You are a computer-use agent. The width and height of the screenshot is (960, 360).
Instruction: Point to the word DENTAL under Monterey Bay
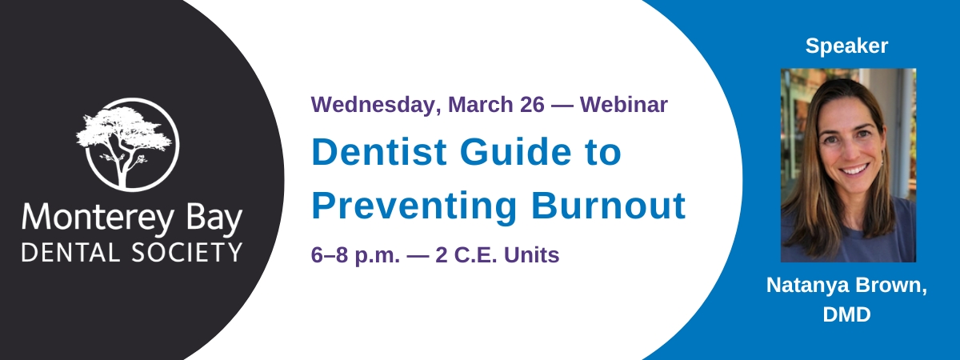(70, 253)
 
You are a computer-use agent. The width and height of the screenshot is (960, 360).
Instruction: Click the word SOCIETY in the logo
(187, 253)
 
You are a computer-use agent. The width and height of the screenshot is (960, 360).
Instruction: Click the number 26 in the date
(532, 105)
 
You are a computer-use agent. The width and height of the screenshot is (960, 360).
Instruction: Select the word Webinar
(623, 105)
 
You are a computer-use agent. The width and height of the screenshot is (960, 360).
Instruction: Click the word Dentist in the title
(379, 152)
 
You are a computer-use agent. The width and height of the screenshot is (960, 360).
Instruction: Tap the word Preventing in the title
(414, 206)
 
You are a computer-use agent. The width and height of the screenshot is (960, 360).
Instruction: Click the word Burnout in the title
(608, 206)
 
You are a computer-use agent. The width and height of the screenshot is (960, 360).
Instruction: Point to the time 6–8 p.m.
(355, 256)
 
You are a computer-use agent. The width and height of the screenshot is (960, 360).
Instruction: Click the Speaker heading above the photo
(846, 46)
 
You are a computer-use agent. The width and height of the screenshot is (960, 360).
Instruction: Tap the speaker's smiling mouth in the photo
(854, 170)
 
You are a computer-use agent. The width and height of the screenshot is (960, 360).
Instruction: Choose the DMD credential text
(847, 314)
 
